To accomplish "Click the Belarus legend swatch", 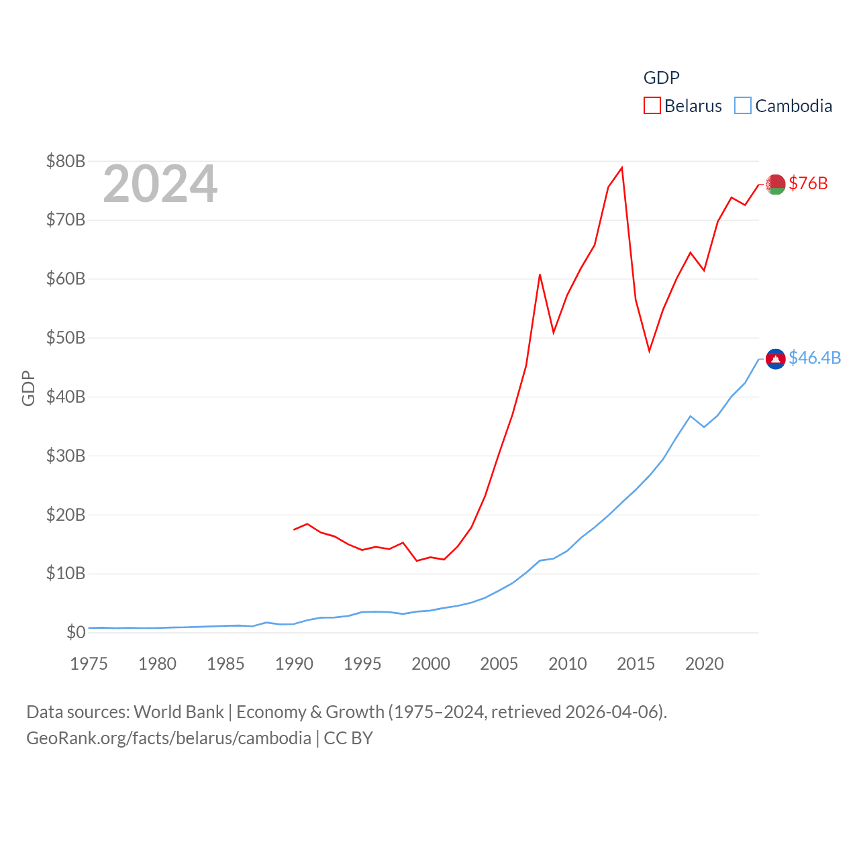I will pos(652,106).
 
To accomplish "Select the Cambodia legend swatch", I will pos(742,106).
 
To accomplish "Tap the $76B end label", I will pos(808,183).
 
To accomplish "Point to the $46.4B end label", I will pos(815,358).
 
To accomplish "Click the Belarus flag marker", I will pos(776,184).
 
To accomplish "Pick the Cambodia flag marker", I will pos(776,359).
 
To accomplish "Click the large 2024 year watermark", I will pos(160,184).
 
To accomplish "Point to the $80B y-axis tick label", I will pos(66,161).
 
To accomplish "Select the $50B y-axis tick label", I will pos(66,338).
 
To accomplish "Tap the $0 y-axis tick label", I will pos(76,632).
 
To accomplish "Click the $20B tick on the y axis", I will pos(66,515).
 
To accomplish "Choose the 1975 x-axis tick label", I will pos(89,664).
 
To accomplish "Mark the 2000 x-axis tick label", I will pos(431,664).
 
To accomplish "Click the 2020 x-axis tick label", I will pos(704,664).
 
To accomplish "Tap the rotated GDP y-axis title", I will pos(28,388).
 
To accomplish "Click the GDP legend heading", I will pos(661,78).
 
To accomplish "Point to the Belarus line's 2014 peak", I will pos(622,168).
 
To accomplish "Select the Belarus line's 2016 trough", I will pos(649,351).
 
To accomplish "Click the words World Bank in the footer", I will pos(179,711).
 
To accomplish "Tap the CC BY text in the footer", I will pos(348,738).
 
